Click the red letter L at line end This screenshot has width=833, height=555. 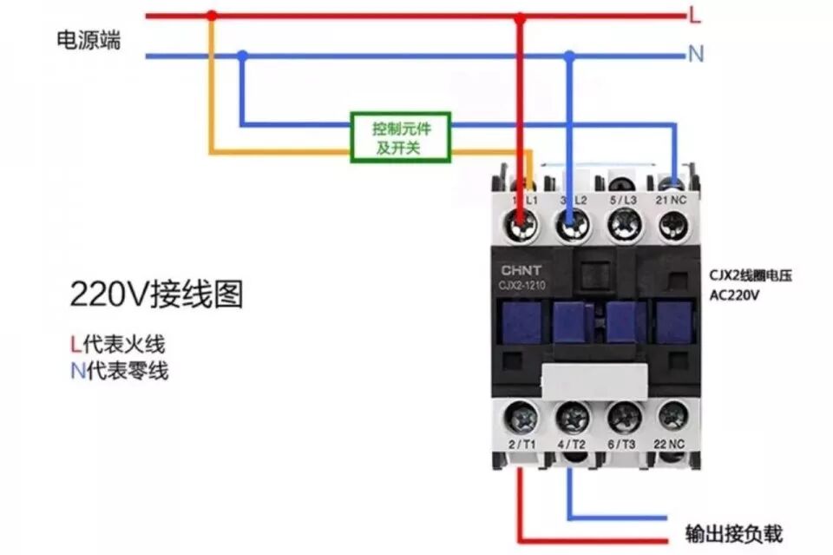tap(695, 14)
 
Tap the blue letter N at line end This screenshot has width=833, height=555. tap(695, 54)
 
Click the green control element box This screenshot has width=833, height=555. tap(400, 137)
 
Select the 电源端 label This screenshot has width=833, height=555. tap(89, 40)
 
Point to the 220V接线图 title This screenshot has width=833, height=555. tap(156, 295)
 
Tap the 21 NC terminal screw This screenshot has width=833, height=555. tap(672, 225)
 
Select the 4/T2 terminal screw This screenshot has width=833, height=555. tap(574, 419)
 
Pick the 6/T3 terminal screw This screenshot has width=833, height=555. tap(624, 419)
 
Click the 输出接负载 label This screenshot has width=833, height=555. tap(733, 532)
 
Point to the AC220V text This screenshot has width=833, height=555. tap(735, 295)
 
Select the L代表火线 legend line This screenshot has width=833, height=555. tap(117, 343)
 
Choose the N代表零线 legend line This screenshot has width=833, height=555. tap(119, 372)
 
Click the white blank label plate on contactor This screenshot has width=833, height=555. tap(595, 380)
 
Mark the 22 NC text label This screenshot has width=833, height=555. tap(672, 446)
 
